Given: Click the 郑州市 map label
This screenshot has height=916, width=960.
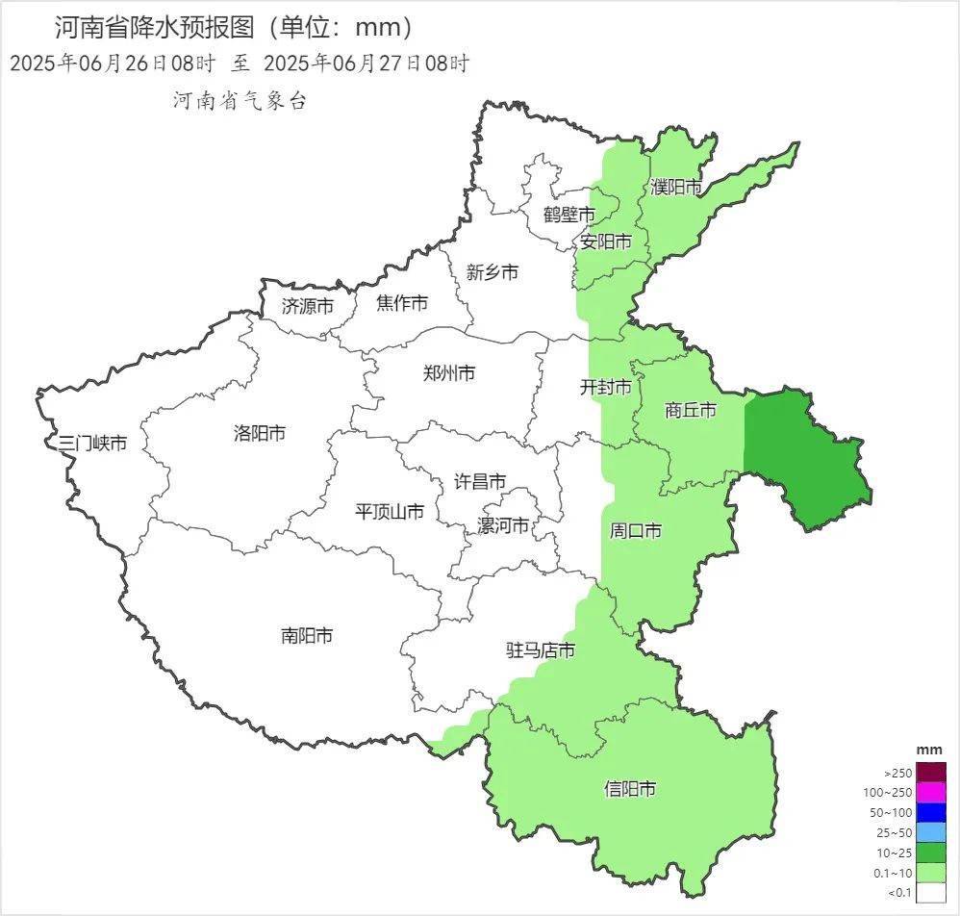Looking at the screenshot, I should pos(449,373).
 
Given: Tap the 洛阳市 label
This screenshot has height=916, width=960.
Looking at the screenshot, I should pos(260,433).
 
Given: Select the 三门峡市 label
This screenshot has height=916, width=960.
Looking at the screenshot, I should pos(92,444).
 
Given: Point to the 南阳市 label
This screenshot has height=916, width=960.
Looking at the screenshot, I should pos(307,635).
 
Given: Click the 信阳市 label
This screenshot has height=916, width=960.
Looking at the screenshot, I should pos(630,789).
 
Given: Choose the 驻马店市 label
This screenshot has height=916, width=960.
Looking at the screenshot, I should pos(541,650).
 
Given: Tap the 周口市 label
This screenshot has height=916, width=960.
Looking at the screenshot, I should pos(636,530).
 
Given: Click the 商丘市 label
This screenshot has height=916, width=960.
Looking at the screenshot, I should pos(691,411).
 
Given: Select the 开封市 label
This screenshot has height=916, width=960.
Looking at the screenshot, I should pos(605,387).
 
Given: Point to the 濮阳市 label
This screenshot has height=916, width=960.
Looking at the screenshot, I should pos(676,188).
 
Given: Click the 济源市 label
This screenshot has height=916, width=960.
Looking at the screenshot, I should pos(308,306).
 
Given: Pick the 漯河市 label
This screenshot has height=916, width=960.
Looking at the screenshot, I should pos(503,526).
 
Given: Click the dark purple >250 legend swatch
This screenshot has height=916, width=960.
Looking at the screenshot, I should pos(930,773).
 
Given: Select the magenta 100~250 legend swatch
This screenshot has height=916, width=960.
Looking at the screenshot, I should pos(930,793).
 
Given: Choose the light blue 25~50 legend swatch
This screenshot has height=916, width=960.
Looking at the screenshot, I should pos(930,833).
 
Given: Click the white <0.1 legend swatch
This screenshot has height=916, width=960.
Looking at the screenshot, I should pos(930,893).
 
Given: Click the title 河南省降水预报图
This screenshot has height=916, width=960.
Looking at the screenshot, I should pos(154,26).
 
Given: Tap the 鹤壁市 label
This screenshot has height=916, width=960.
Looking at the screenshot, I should pos(568,215).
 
